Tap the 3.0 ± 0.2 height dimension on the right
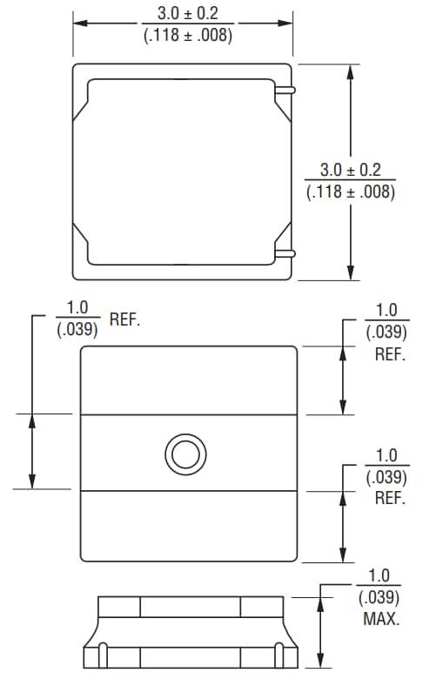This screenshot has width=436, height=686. coord(351,170)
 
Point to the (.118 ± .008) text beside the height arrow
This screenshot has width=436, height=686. coord(351,192)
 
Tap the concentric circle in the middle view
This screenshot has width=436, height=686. coord(185,454)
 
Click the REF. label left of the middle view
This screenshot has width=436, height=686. coord(124,319)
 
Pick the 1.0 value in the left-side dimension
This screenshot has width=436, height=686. coord(77,308)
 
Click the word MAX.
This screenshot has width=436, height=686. coord(381,620)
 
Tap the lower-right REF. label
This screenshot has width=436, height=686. coord(389,499)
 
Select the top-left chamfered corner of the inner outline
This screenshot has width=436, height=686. coord(82,111)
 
